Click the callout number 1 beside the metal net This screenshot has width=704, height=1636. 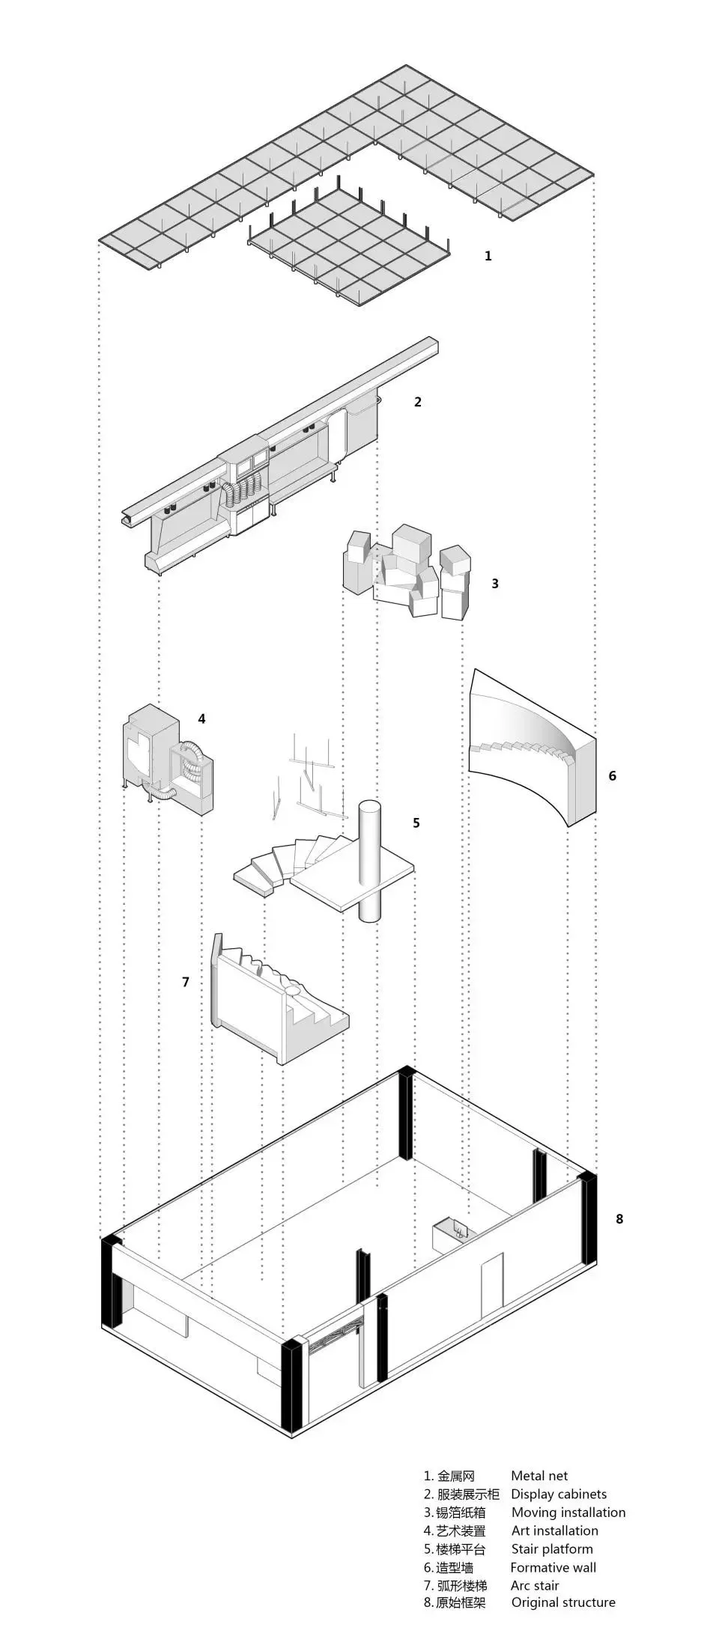pos(488,256)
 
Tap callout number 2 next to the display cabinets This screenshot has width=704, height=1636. pos(418,402)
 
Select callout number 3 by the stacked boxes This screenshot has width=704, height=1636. pos(495,583)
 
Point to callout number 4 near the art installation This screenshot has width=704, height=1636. pos(201,718)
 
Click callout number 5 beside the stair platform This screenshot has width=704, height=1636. pos(416,822)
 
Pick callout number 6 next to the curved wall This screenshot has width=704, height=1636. pos(613,775)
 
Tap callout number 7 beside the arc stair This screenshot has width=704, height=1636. pos(186,981)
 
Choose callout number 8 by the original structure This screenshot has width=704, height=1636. pos(619,1218)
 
